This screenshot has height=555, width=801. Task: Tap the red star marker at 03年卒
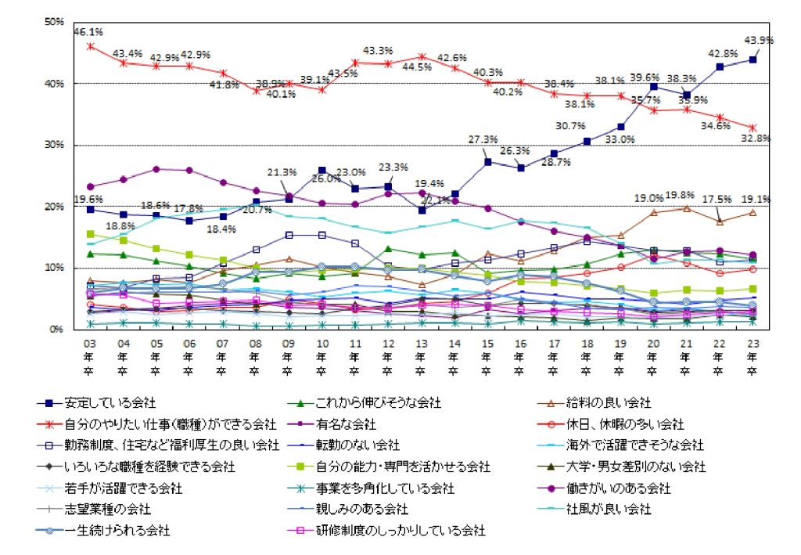point(90,46)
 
